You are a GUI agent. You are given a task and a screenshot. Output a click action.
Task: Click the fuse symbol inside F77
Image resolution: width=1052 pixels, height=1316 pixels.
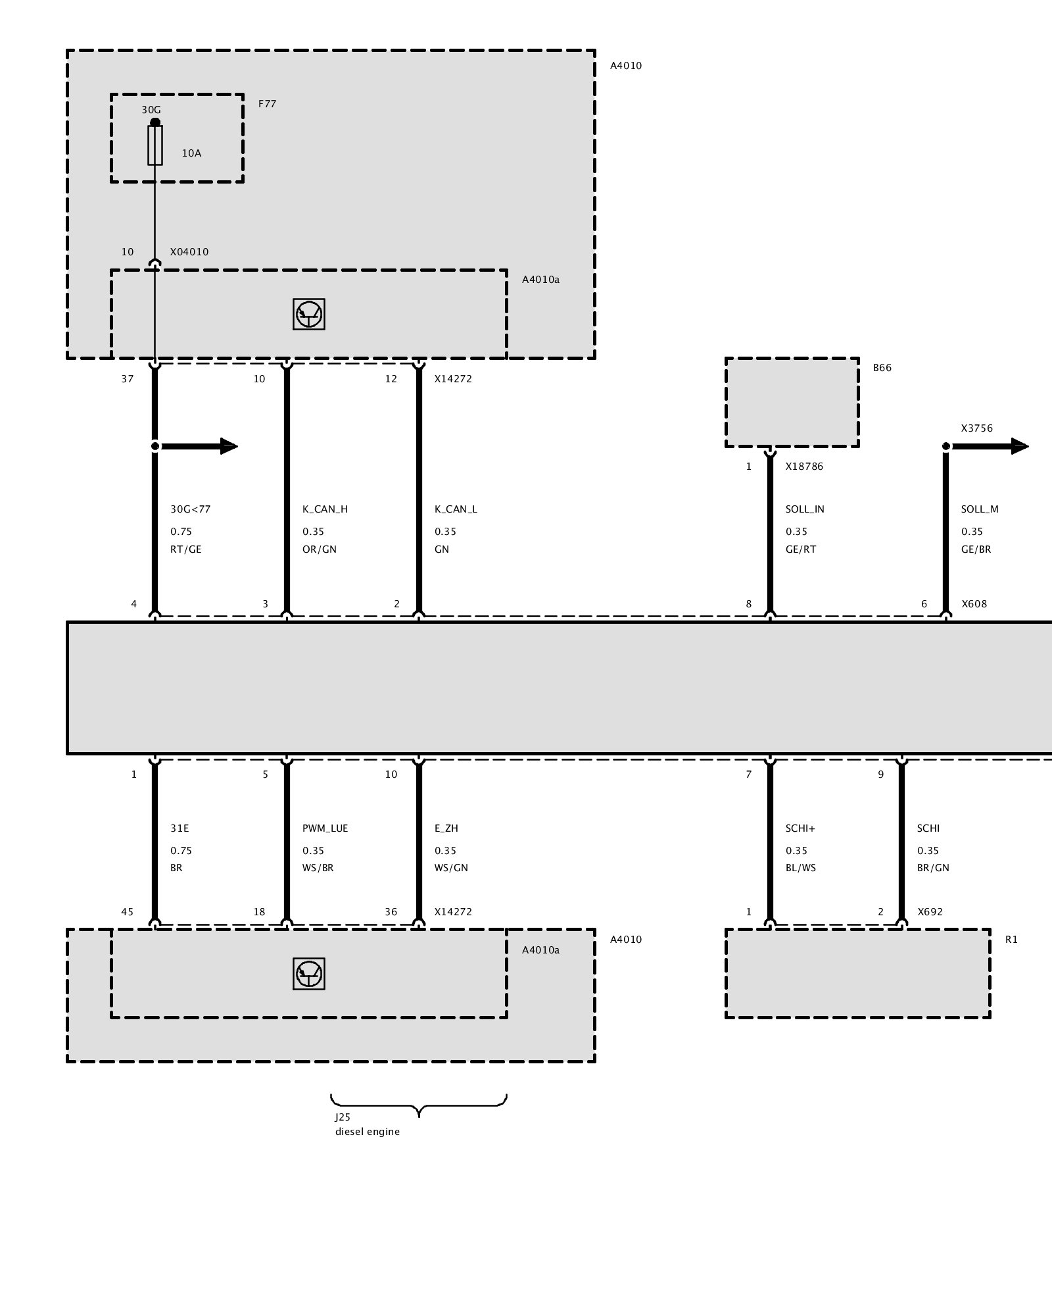pos(155,145)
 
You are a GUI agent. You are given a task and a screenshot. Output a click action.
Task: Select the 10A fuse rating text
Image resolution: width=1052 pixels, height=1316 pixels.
pos(191,153)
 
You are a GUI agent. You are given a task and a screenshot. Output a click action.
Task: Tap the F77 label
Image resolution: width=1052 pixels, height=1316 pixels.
pos(267,104)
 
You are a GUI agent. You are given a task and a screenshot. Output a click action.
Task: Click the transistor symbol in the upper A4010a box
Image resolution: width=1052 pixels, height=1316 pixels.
pos(309,314)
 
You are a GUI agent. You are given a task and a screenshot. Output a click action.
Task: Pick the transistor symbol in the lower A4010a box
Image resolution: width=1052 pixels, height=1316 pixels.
pos(309,974)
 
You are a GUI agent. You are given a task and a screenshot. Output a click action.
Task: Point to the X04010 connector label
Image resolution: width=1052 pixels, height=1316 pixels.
pos(189,252)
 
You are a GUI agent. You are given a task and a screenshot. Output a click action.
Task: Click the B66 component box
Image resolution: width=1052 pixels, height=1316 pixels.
pos(792,403)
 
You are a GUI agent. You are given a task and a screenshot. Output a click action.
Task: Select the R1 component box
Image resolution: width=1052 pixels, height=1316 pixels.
pos(858,974)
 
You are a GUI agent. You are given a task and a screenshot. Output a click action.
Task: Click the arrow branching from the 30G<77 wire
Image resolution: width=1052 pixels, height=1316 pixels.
pos(197,446)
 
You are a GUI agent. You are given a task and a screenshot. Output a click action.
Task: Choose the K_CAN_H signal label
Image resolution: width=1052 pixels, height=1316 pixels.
pos(325,509)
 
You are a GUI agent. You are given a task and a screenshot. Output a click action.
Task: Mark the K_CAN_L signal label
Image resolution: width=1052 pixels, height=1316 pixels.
pos(456,509)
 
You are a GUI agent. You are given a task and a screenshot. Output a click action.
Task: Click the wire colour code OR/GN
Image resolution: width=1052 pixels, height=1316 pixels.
pos(320,549)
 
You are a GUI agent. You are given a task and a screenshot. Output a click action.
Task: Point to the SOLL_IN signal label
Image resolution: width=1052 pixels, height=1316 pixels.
pos(805,509)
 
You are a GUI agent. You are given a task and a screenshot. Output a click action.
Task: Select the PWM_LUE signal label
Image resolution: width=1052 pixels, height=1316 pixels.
pos(325,828)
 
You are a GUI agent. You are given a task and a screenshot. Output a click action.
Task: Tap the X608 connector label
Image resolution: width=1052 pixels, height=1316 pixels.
pos(974,604)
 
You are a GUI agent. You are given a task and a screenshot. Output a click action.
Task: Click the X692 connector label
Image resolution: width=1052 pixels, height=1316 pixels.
pos(930,912)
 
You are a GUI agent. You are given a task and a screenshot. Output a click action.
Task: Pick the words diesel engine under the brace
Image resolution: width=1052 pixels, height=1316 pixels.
pos(368,1132)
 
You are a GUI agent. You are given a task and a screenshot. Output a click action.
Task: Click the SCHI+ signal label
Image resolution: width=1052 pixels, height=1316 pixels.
pos(800,828)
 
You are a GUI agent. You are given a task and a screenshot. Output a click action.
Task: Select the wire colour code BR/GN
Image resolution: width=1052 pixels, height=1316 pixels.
pos(933,868)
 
